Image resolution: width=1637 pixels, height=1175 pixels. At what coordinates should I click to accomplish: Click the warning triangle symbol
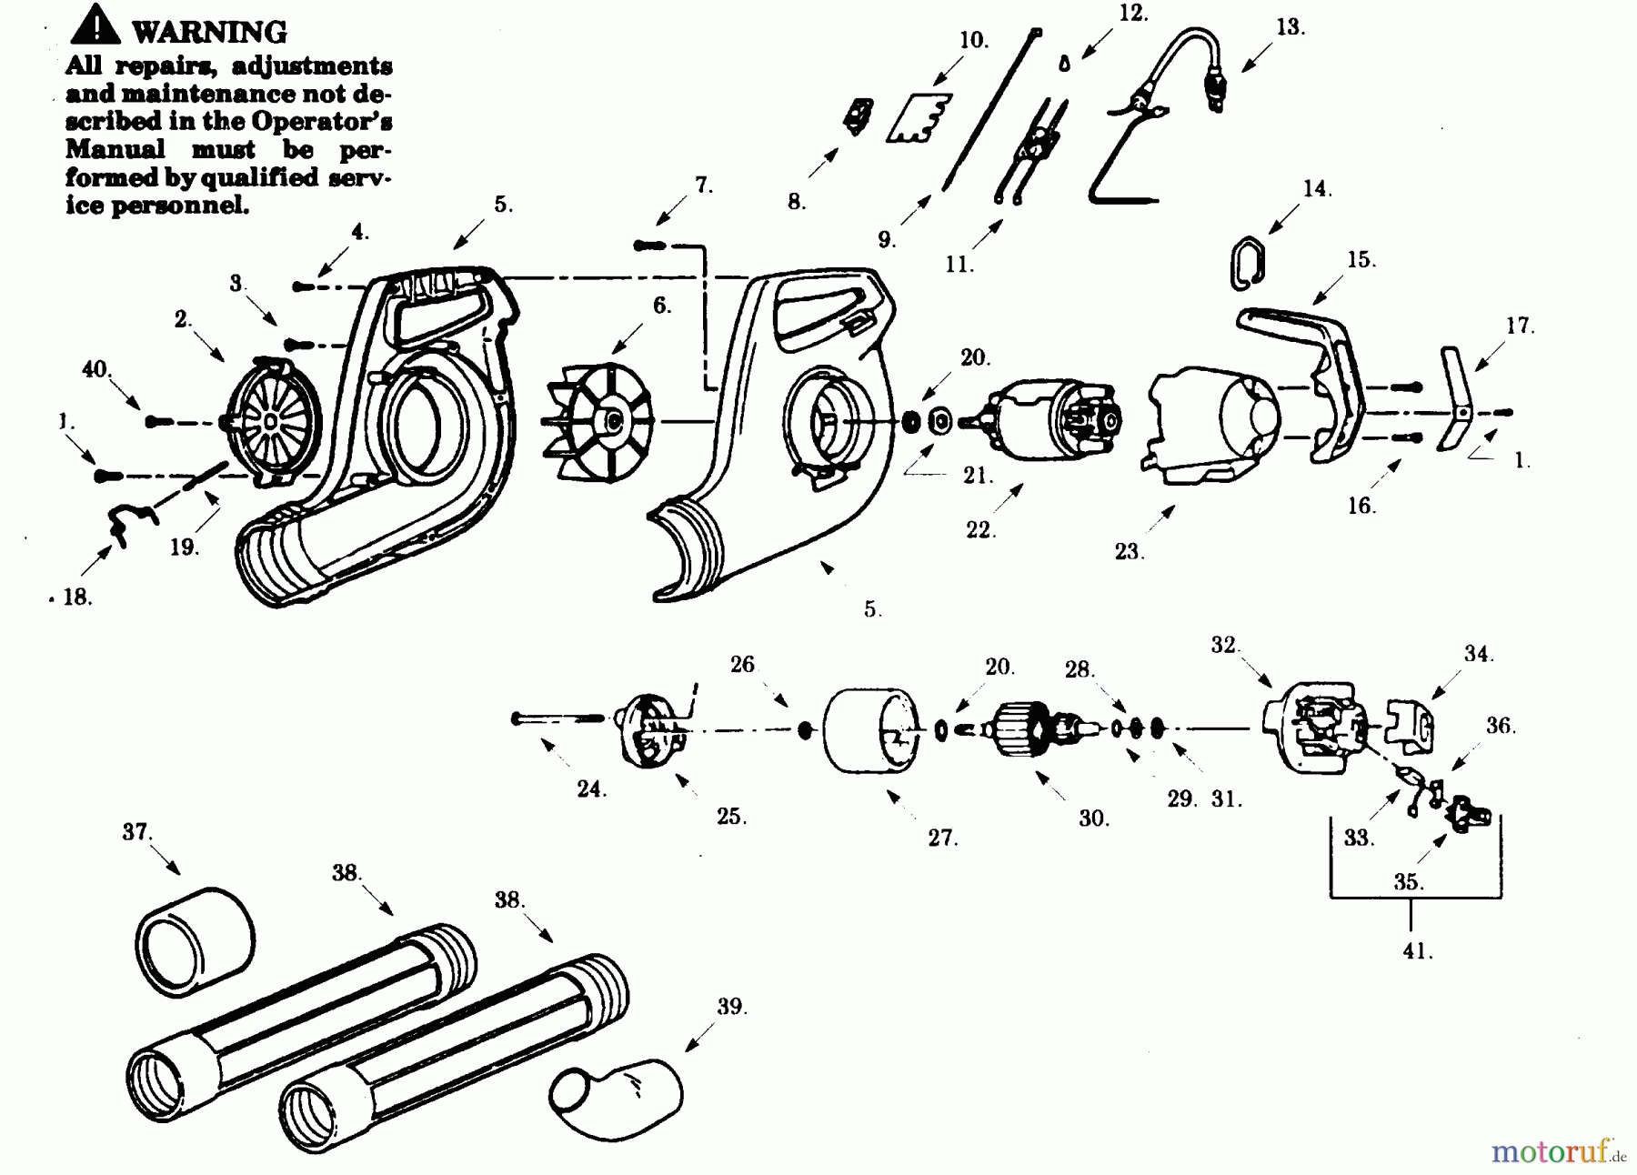(x=95, y=26)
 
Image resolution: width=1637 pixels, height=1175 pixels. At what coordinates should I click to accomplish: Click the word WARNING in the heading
(x=209, y=32)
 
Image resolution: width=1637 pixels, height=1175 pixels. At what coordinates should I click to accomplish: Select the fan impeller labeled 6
(x=598, y=419)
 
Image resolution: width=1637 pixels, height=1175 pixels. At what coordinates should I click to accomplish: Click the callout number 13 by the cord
(x=1290, y=27)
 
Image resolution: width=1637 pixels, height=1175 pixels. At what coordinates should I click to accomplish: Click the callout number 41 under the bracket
(x=1417, y=952)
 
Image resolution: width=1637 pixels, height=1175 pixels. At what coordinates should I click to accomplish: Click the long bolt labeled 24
(x=559, y=718)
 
